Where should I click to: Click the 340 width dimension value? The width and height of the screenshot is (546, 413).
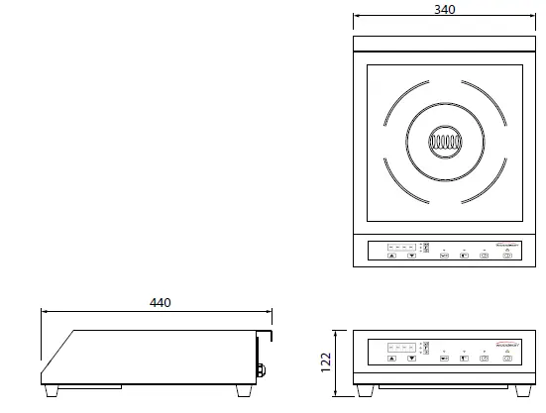(446, 9)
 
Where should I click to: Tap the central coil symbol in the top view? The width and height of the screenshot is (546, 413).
(446, 143)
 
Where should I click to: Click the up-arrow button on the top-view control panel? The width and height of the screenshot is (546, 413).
(392, 255)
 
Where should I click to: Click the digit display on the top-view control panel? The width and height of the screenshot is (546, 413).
(401, 245)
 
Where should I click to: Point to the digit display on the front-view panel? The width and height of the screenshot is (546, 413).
(401, 348)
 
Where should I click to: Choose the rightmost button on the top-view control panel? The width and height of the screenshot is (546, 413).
(507, 255)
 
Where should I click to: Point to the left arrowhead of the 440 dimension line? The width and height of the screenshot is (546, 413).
(44, 310)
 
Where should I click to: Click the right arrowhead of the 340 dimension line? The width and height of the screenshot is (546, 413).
(535, 17)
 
